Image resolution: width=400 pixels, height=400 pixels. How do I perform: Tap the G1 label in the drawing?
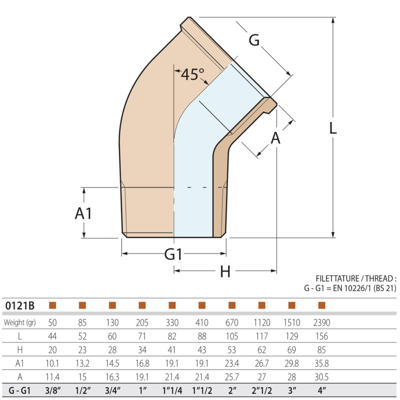173,254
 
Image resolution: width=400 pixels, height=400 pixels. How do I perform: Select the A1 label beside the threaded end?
84,213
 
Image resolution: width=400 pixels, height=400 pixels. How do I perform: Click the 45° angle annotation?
192,74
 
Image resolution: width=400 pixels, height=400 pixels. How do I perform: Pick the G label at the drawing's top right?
254,40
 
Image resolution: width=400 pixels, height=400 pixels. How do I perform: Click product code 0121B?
20,305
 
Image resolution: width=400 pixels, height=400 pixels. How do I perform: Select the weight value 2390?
321,323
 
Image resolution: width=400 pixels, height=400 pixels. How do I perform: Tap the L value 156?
321,336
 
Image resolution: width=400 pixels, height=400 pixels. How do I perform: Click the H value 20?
52,350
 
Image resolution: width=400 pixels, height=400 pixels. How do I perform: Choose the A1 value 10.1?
52,363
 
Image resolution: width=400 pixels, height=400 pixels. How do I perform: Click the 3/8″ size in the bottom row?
52,391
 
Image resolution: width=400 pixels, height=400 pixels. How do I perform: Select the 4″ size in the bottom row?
321,391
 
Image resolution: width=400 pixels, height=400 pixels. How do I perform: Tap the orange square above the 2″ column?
232,305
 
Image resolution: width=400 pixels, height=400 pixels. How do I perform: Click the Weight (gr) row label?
20,323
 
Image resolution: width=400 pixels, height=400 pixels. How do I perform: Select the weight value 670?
232,323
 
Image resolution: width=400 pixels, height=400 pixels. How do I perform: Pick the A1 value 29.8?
291,363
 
